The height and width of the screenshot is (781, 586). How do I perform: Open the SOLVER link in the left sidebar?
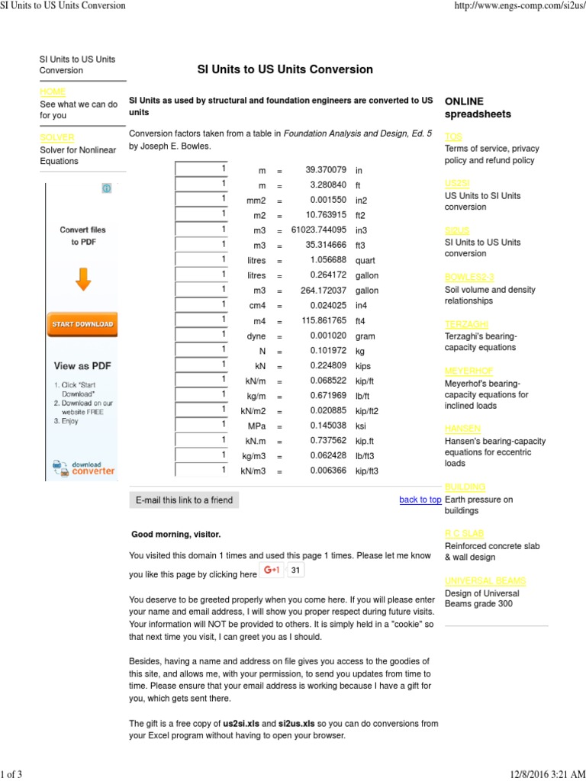point(57,138)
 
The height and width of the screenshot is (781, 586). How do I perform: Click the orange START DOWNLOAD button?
point(82,324)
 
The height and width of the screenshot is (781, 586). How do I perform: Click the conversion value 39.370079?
point(326,170)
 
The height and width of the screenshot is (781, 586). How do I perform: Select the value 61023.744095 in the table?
point(320,230)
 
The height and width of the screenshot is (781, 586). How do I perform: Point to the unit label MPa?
point(257,426)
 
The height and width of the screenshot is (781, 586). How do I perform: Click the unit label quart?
point(365,260)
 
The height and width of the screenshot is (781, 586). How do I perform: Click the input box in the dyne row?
point(201,335)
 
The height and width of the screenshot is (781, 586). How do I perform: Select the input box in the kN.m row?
point(201,440)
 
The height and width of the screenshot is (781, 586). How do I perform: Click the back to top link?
point(420,500)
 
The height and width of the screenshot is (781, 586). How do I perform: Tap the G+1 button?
point(272,570)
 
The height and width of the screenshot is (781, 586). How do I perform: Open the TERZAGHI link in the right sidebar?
point(466,324)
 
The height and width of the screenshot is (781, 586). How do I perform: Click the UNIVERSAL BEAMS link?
point(485,580)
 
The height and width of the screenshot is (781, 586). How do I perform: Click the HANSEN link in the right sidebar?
point(462,429)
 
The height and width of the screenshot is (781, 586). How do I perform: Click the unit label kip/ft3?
point(366,471)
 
